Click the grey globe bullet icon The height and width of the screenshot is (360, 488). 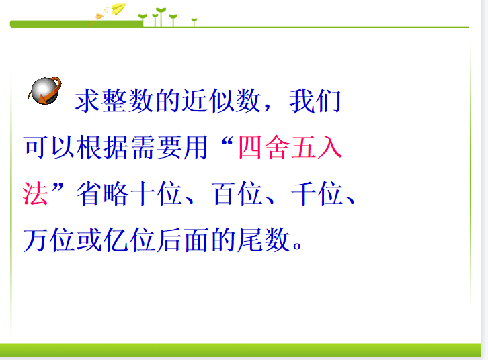point(46,91)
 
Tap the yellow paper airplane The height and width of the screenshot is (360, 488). point(118,9)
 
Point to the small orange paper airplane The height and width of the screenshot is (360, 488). point(99,17)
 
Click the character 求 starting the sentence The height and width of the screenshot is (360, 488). point(87,101)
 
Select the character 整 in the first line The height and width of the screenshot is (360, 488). point(114,101)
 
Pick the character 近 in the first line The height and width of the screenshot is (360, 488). point(194,101)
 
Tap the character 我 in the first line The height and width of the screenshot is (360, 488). point(302,101)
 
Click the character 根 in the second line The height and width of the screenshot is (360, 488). point(89,147)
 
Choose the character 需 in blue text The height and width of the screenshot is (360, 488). point(143,147)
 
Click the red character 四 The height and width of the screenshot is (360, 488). point(250,147)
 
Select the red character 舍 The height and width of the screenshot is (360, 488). point(277,147)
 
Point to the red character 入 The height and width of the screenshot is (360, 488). point(330,147)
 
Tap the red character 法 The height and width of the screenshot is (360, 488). point(35,193)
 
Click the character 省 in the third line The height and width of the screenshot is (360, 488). point(89,193)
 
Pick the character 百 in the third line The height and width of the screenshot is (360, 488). point(224,193)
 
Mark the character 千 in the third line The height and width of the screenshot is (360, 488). point(303,193)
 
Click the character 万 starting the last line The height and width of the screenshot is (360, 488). point(36,240)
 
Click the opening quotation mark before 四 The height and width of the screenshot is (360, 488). point(227,144)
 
